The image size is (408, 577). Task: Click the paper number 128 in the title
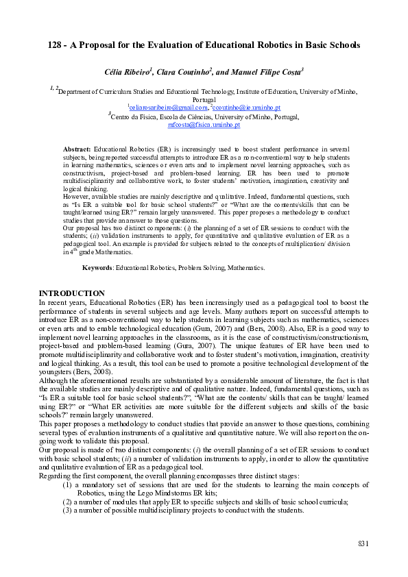click(57, 45)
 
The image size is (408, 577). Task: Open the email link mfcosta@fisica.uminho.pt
click(204, 125)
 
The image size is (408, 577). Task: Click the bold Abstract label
click(77, 148)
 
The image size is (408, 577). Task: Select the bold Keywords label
click(98, 267)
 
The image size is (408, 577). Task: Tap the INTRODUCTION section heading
click(71, 293)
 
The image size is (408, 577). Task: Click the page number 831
click(363, 543)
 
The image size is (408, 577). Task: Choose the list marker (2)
click(67, 502)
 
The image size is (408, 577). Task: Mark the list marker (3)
click(67, 510)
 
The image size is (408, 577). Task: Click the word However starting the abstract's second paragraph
click(76, 196)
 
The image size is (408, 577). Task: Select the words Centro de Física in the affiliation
click(136, 117)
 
